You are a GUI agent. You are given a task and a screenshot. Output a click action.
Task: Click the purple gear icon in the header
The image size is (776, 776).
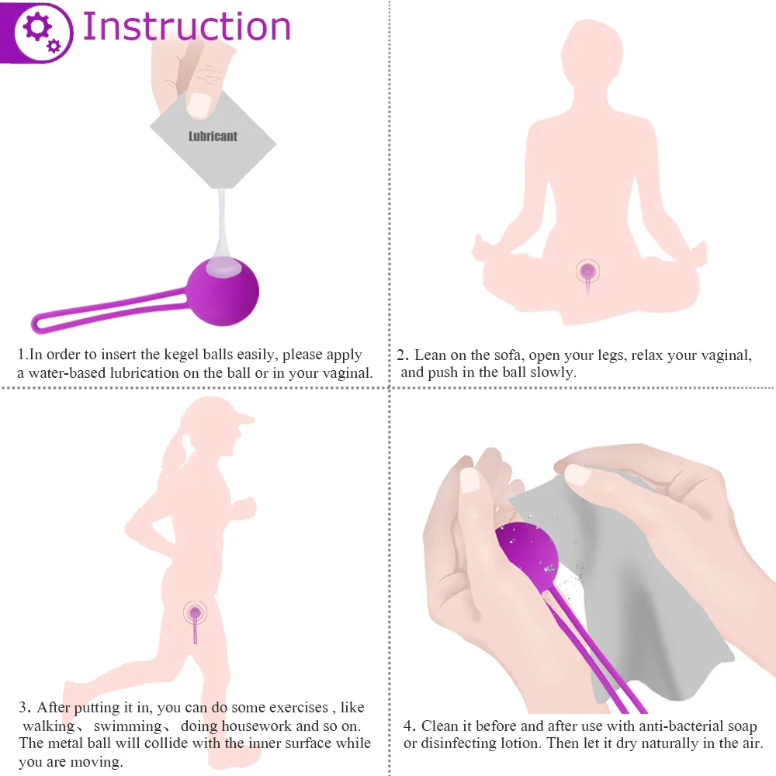(x=39, y=31)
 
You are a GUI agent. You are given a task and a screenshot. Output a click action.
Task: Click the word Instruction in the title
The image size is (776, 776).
(x=186, y=26)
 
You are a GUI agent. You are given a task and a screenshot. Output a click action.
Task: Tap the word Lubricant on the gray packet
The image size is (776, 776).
(x=213, y=136)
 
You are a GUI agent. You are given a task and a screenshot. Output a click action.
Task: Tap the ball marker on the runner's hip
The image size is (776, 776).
(x=195, y=613)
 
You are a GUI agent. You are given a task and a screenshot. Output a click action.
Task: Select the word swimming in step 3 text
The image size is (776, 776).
(x=128, y=726)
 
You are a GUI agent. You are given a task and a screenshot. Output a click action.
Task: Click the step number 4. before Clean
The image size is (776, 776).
(x=411, y=726)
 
